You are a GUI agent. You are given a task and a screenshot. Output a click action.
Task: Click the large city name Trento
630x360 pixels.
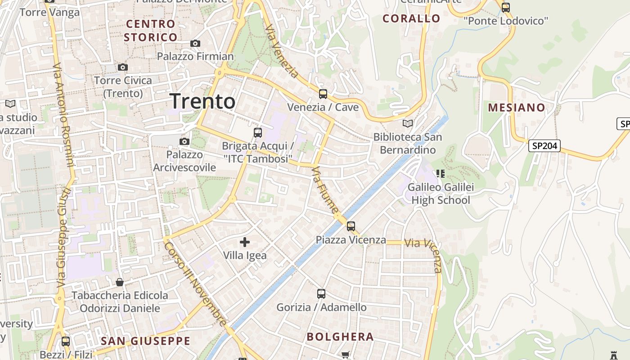202,101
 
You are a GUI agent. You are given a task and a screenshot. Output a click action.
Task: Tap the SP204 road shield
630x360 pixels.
544,146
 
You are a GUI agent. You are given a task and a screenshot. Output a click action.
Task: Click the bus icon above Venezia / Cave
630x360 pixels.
323,94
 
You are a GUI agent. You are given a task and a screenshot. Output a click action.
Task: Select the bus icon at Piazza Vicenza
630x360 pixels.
351,226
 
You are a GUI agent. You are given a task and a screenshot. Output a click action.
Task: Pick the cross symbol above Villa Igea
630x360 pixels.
245,243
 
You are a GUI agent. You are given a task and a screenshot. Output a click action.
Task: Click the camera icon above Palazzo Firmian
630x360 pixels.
195,43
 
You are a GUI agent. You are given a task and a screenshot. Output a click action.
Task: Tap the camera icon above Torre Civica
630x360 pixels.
122,67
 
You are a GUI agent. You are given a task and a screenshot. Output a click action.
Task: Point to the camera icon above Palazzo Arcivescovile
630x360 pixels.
184,141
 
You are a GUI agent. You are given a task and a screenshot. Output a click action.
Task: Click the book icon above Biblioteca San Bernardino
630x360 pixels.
408,123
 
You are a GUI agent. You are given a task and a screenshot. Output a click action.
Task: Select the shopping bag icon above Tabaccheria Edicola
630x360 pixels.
120,282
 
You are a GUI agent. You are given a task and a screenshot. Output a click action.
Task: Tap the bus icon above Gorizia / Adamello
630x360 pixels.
321,294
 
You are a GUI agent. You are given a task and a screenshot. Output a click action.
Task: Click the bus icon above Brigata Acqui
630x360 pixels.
257,133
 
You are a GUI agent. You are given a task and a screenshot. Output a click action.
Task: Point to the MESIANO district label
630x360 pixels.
517,108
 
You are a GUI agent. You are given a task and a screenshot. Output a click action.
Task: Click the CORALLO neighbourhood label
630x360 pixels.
411,18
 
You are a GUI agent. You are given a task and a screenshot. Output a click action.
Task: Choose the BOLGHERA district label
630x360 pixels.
340,337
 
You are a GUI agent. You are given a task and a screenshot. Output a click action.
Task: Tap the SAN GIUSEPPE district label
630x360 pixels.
145,341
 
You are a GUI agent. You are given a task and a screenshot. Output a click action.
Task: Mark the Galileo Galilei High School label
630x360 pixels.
441,193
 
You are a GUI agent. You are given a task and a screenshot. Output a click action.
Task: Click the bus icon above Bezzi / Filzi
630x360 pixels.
66,341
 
